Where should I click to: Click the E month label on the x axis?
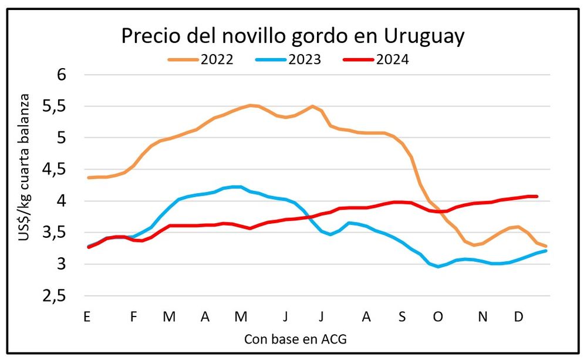[87, 317]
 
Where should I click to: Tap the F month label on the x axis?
[133, 317]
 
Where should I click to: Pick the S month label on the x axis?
[402, 317]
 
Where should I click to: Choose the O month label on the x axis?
[437, 317]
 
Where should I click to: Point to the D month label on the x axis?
[519, 317]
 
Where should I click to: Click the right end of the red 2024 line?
[537, 196]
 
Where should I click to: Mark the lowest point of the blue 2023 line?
[438, 267]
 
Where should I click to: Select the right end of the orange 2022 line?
[546, 246]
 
